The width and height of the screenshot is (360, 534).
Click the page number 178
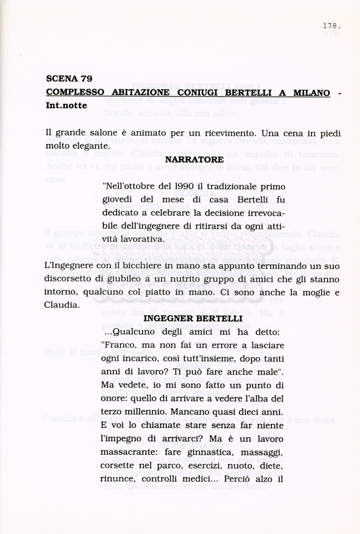point(331,25)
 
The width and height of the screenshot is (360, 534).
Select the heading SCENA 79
point(69,79)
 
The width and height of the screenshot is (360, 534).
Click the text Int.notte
point(66,105)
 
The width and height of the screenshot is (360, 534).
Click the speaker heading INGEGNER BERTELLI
point(193,318)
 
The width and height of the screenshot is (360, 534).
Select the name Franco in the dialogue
point(119,345)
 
